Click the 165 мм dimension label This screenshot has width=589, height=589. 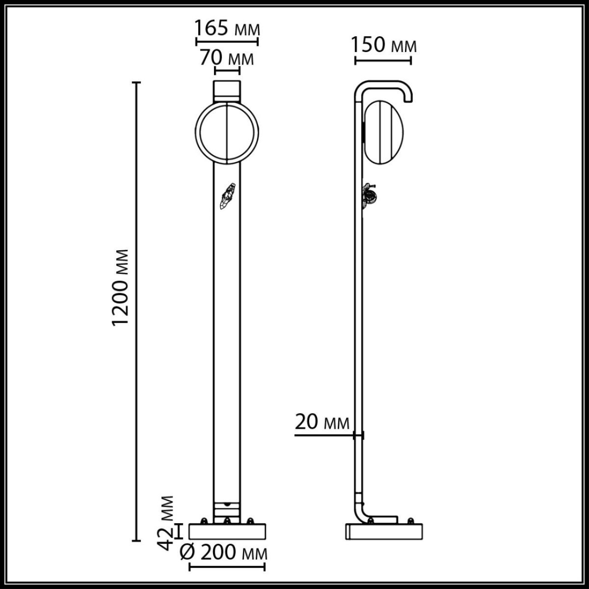[227, 28]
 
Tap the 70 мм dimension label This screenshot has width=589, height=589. [227, 58]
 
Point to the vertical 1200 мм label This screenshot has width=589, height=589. [121, 287]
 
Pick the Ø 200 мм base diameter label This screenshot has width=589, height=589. [223, 553]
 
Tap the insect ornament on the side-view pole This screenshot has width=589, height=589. [370, 195]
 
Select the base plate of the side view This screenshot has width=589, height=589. [384, 532]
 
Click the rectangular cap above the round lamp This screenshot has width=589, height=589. [227, 90]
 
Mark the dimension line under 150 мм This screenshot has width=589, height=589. [383, 61]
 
